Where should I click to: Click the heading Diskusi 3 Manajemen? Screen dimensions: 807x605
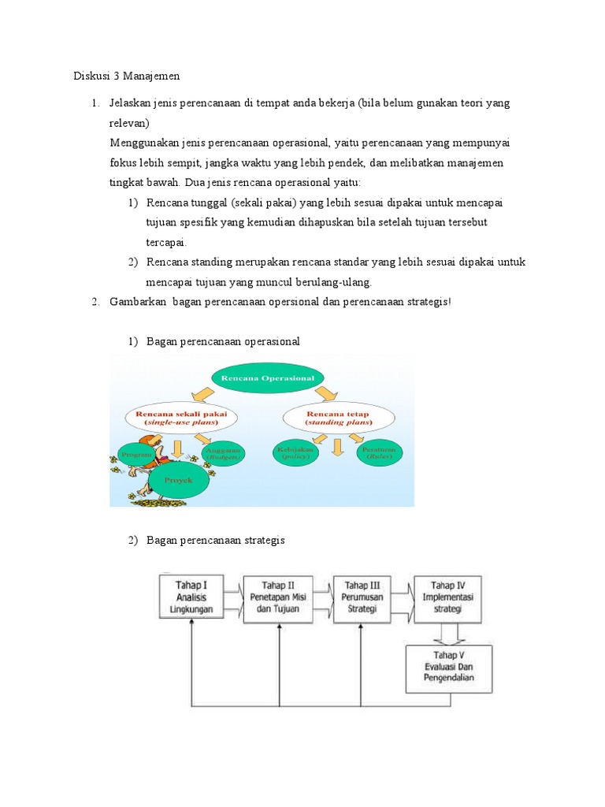click(127, 76)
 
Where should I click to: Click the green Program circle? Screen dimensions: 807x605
click(135, 454)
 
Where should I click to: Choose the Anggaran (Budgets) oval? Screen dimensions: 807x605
click(224, 452)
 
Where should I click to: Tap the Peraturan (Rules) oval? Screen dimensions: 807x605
click(380, 452)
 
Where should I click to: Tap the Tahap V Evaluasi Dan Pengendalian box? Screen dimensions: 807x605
click(448, 669)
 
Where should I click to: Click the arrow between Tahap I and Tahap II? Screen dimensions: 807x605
click(234, 600)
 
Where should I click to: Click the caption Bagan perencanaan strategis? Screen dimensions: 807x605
click(215, 540)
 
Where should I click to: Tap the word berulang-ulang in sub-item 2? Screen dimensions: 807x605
click(332, 282)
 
